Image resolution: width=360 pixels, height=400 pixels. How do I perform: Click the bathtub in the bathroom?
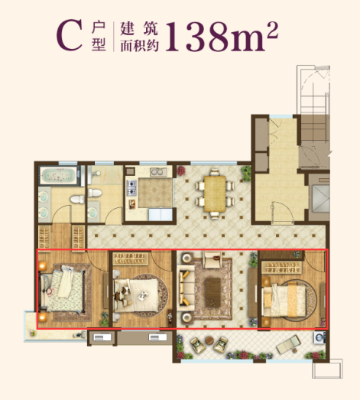coord(59,175)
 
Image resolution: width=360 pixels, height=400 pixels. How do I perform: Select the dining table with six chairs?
coord(212,192)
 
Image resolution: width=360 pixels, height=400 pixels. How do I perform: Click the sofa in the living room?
coord(186,289)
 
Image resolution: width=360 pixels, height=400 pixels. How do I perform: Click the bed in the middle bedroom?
coord(140,291)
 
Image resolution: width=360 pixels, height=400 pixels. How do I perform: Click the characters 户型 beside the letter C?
coord(97,35)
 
